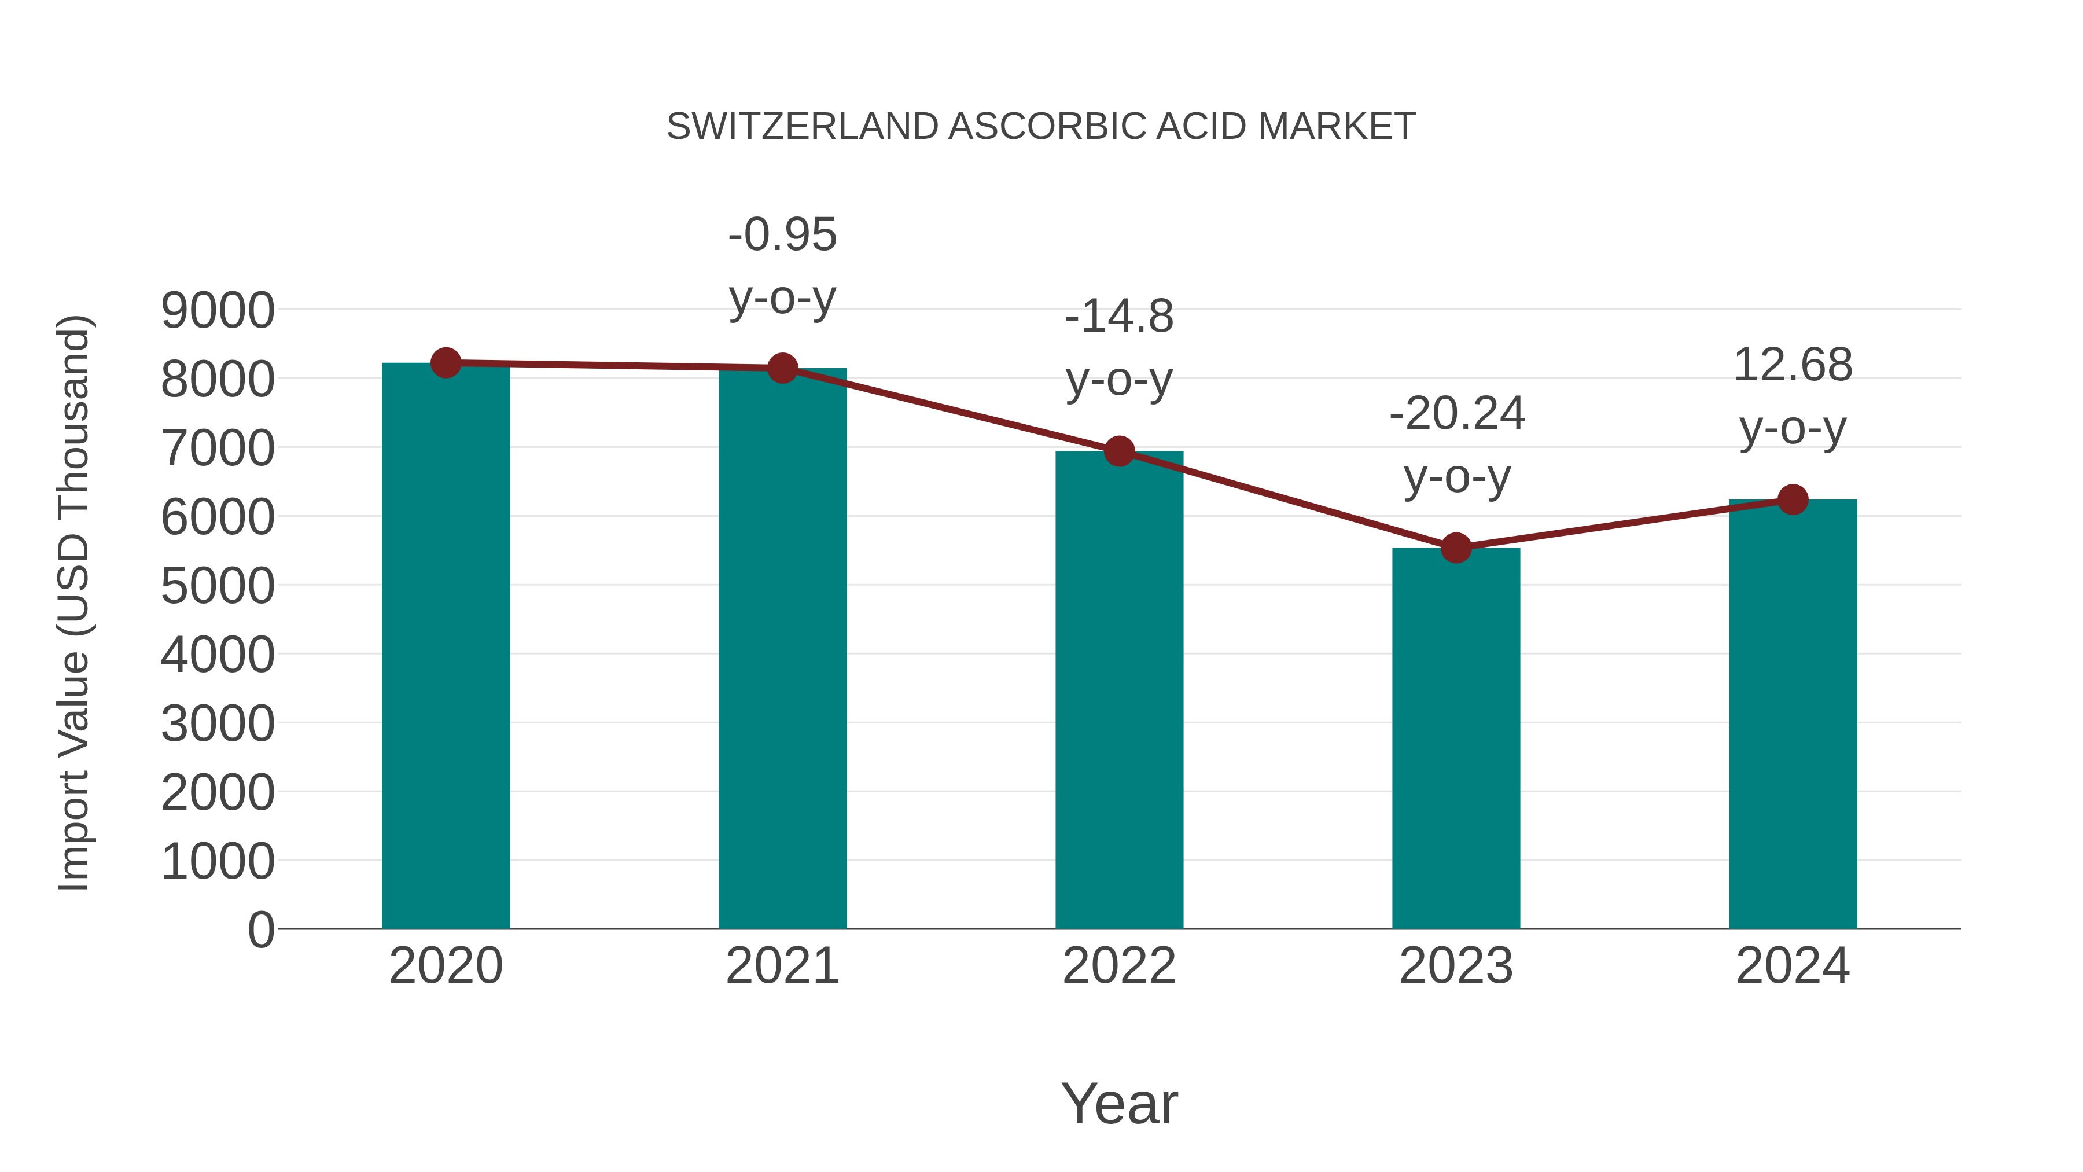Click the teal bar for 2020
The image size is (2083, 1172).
click(x=446, y=647)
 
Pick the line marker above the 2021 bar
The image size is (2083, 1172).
click(x=782, y=369)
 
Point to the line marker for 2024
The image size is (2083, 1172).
click(x=1793, y=500)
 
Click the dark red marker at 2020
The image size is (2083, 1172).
click(x=446, y=363)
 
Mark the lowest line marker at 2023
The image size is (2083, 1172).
click(x=1456, y=549)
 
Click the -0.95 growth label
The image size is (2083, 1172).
click(x=782, y=236)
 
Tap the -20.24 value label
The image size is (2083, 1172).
click(x=1456, y=414)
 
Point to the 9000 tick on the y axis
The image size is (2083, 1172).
click(x=218, y=311)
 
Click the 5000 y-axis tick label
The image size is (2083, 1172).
click(x=218, y=586)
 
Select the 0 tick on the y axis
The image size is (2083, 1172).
click(x=260, y=929)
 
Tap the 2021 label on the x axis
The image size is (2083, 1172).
click(x=782, y=966)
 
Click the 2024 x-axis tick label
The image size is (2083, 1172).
click(x=1793, y=966)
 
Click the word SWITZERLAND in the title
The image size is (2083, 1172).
click(x=802, y=127)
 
